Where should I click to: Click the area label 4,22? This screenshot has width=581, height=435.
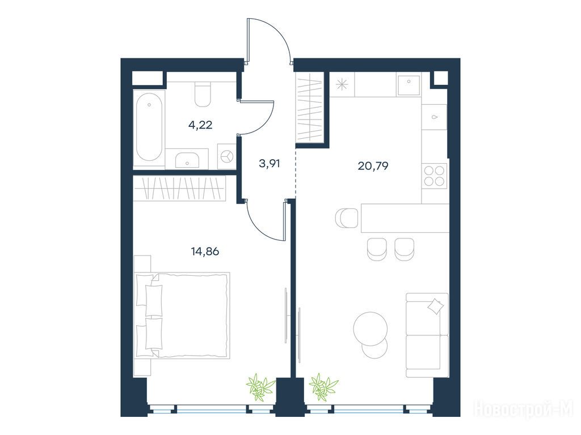point(200,125)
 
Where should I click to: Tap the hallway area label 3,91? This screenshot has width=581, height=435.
point(269,163)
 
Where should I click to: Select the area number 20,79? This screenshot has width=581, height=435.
point(373,166)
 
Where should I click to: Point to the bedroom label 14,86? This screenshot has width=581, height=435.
point(205,251)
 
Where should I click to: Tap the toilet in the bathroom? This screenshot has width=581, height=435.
point(203,95)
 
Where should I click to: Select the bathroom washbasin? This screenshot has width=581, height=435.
point(187,159)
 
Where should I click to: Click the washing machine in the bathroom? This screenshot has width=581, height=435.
point(226,157)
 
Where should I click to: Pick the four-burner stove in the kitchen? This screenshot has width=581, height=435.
point(435,176)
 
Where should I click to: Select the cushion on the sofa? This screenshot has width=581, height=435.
point(435,306)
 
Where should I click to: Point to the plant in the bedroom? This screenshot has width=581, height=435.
point(261,387)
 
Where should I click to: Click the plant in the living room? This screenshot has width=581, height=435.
point(323,387)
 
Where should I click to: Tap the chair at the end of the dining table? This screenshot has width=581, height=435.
point(347,218)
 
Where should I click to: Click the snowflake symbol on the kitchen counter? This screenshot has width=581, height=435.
point(342,85)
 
